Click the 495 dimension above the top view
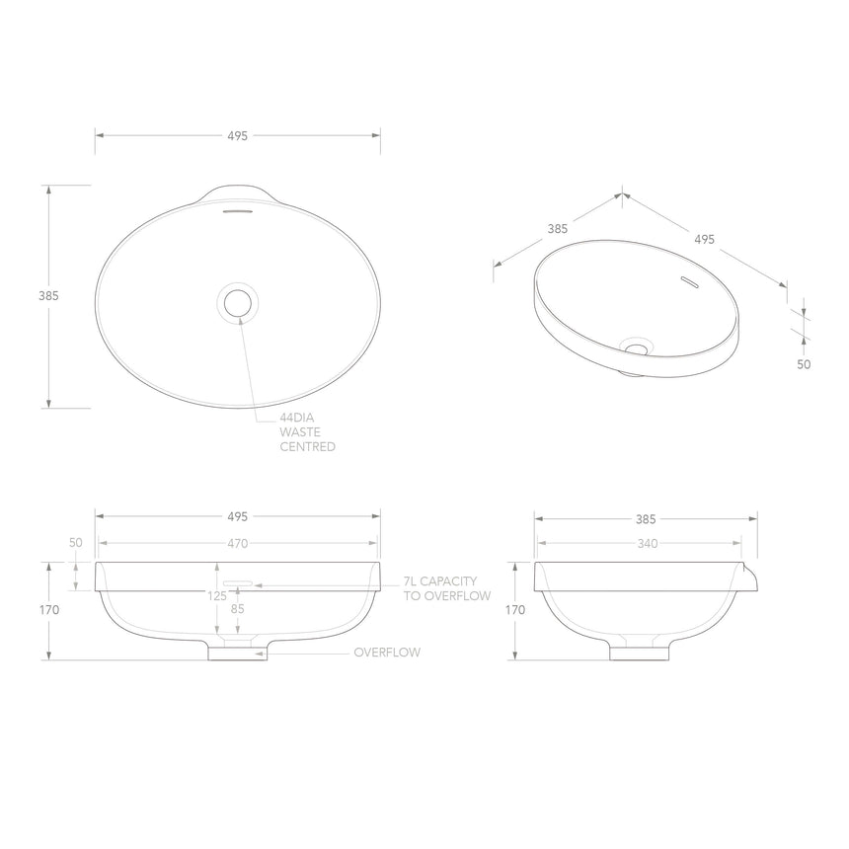237,135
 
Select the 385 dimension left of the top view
48,295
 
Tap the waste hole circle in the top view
238,302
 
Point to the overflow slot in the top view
238,210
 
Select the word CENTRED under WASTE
307,447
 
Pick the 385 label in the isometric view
557,228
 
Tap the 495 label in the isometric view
704,239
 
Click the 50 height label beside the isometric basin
804,363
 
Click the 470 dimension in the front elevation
237,543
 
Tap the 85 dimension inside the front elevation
238,609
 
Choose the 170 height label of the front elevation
48,610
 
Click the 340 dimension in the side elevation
647,543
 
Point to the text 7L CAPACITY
440,581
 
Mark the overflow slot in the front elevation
238,583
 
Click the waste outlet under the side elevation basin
639,651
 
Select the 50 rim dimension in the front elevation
75,543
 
